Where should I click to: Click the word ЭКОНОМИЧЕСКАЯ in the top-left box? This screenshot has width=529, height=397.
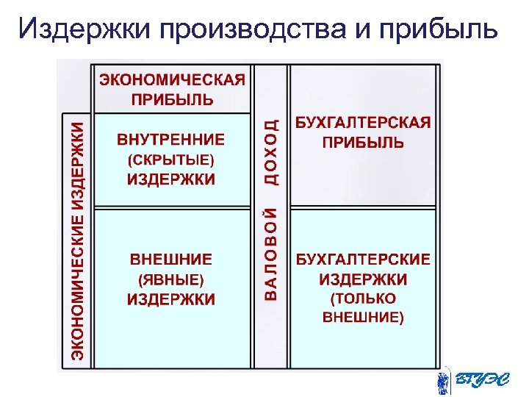click(172, 79)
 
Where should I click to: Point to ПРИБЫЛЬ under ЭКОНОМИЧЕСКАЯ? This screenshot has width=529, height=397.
click(172, 98)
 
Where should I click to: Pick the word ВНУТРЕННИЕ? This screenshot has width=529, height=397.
click(171, 139)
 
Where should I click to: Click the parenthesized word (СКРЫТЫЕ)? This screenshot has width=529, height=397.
click(171, 159)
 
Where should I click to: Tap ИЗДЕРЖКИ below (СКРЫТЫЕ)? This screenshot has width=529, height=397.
click(171, 179)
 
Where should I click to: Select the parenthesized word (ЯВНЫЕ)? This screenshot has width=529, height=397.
click(171, 279)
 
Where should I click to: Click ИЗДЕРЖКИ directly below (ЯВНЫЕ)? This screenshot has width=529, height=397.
click(171, 299)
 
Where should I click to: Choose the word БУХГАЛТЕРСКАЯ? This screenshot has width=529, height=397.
click(363, 123)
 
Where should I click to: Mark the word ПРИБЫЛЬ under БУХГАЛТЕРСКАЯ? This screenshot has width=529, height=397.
click(363, 142)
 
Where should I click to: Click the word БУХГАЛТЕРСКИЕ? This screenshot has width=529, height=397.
click(363, 260)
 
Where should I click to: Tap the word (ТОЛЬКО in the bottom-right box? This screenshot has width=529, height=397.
click(363, 298)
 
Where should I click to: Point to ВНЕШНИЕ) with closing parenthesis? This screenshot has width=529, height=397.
click(363, 318)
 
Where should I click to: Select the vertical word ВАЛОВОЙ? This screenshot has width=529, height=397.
click(271, 254)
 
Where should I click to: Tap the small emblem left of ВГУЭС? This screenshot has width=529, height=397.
click(443, 381)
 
